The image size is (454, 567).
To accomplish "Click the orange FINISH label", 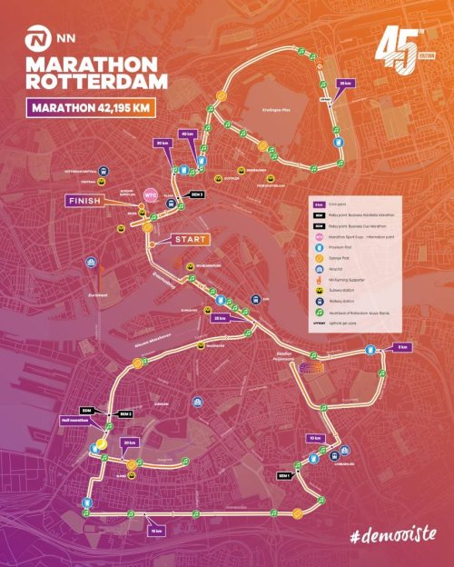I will (x=87, y=200).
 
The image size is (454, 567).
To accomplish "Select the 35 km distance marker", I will (x=344, y=84).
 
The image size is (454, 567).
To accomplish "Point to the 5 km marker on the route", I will (x=402, y=347).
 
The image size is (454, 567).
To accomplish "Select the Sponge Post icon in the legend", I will (x=320, y=257).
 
